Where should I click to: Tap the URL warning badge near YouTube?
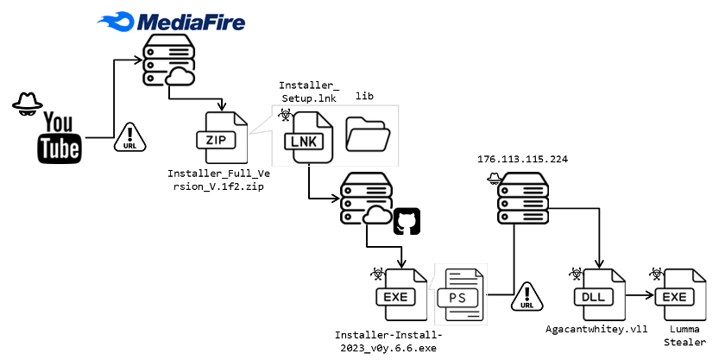tap(129, 137)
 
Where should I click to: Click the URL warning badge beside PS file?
tap(527, 297)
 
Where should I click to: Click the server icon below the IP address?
tap(525, 198)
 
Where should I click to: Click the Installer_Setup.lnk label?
tap(308, 92)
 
